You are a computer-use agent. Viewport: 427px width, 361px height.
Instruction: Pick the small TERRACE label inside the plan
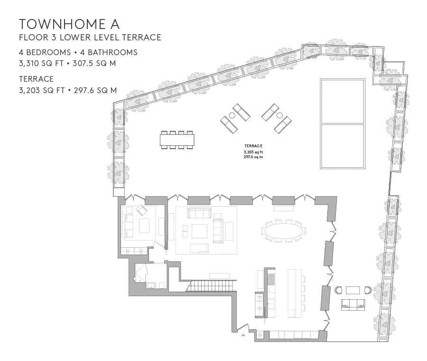253,146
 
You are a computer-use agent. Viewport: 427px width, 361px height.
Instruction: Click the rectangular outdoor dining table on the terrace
177,140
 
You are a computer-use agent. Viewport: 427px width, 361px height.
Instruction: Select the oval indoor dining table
283,231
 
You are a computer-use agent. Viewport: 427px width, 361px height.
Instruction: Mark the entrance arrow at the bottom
243,335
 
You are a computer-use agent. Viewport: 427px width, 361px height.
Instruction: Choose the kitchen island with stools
295,293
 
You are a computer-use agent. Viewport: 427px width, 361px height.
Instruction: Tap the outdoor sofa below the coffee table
353,305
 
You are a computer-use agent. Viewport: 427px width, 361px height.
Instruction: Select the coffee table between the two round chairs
353,290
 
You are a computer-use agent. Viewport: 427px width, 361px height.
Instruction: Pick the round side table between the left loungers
232,115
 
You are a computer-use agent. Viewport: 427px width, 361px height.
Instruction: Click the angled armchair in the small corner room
142,210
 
